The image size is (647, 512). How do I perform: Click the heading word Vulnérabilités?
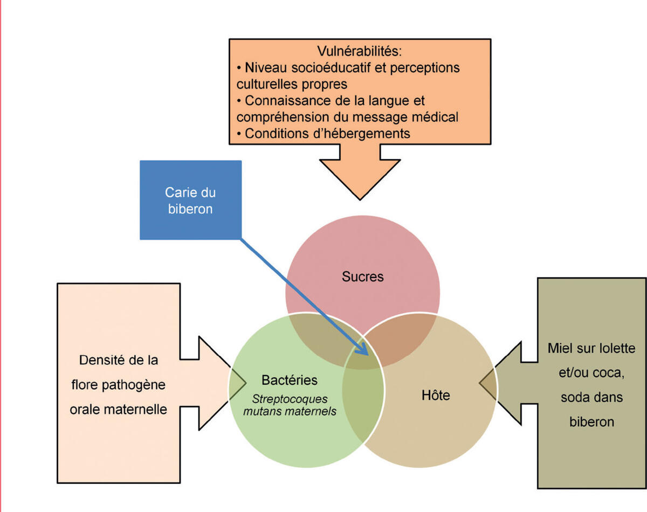pyautogui.click(x=360, y=52)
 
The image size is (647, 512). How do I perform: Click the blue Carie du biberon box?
pyautogui.click(x=190, y=200)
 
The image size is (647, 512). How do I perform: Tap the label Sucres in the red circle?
pyautogui.click(x=362, y=276)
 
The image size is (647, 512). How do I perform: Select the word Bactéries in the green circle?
pyautogui.click(x=289, y=380)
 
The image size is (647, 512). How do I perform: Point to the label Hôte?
pyautogui.click(x=435, y=395)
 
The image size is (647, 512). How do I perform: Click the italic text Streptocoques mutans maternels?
pyautogui.click(x=290, y=406)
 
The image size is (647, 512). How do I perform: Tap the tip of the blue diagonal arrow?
pyautogui.click(x=367, y=355)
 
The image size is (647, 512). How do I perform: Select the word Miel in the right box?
pyautogui.click(x=561, y=348)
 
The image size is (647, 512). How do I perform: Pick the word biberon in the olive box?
pyautogui.click(x=591, y=421)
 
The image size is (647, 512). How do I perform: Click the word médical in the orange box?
pyautogui.click(x=437, y=117)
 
